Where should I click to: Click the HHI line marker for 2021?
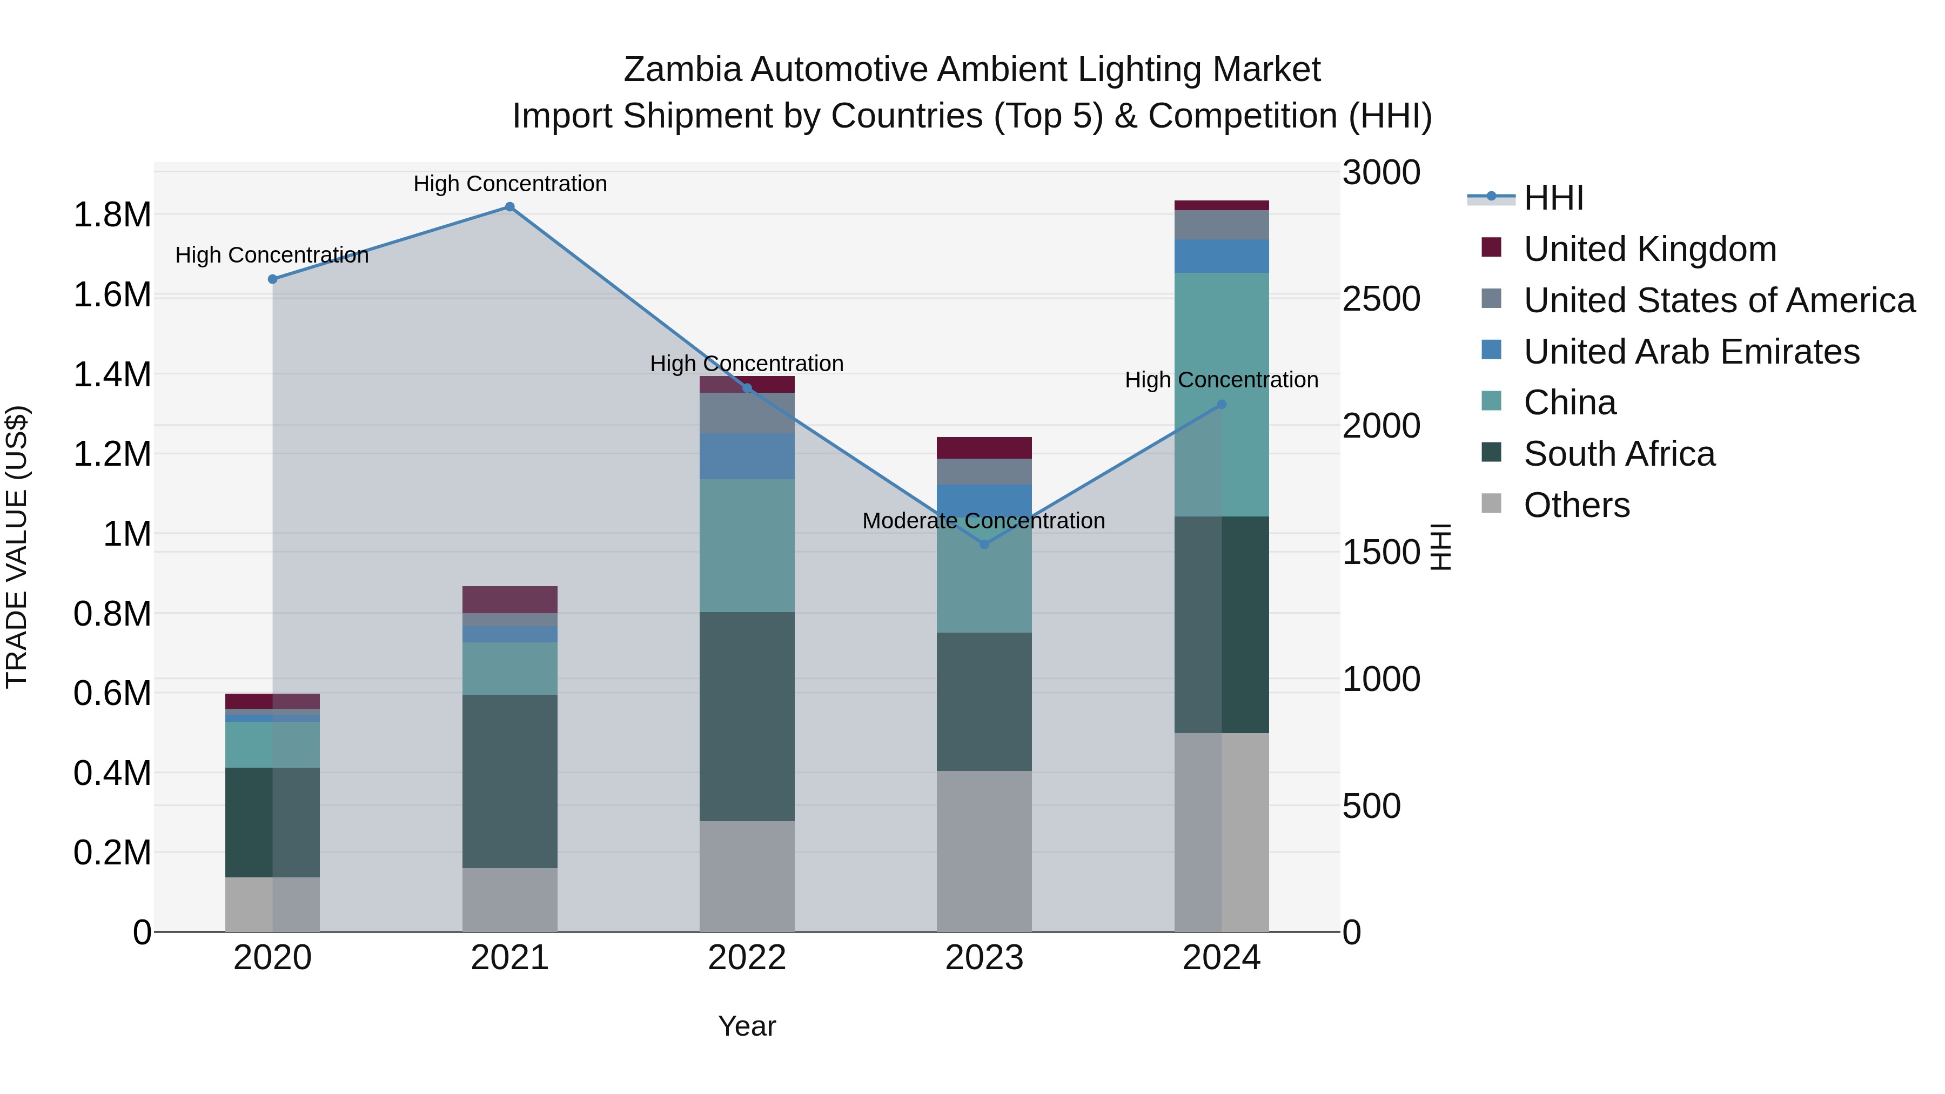pyautogui.click(x=509, y=207)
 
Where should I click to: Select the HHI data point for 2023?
pyautogui.click(x=984, y=545)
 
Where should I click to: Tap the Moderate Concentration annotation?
pyautogui.click(x=983, y=521)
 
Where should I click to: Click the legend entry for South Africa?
pyautogui.click(x=1619, y=454)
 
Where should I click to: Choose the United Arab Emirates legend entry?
pyautogui.click(x=1691, y=352)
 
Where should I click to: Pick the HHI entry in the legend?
pyautogui.click(x=1553, y=198)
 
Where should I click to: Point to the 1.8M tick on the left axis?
pyautogui.click(x=112, y=215)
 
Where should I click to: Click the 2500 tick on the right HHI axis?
pyautogui.click(x=1381, y=299)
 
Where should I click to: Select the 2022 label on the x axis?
pyautogui.click(x=747, y=958)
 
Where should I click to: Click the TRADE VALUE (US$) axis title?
pyautogui.click(x=17, y=547)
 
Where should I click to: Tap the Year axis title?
pyautogui.click(x=747, y=1026)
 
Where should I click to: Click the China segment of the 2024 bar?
pyautogui.click(x=1222, y=394)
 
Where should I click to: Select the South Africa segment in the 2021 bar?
pyautogui.click(x=509, y=781)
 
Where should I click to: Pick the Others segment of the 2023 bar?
pyautogui.click(x=984, y=851)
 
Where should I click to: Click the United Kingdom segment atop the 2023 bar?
pyautogui.click(x=984, y=448)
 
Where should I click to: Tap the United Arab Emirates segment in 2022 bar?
pyautogui.click(x=747, y=456)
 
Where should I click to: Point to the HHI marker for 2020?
pyautogui.click(x=273, y=279)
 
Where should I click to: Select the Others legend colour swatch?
pyautogui.click(x=1491, y=504)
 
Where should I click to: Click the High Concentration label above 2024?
pyautogui.click(x=1221, y=380)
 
